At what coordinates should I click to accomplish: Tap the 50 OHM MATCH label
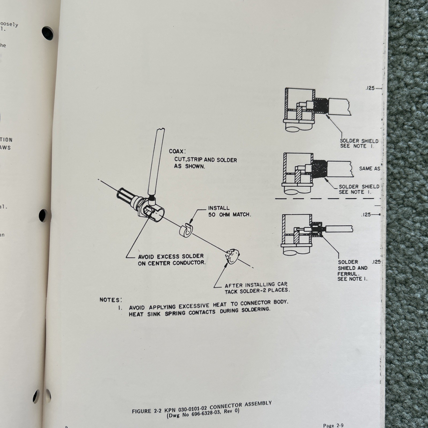(230, 215)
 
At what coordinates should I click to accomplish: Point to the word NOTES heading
(110, 300)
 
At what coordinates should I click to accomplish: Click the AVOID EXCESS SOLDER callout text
(171, 260)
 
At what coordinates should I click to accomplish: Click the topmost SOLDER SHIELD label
(359, 141)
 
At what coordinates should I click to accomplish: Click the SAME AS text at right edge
(369, 169)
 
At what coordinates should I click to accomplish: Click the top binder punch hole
(48, 33)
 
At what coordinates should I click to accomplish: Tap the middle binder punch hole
(43, 215)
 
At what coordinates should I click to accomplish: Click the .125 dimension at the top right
(370, 88)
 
